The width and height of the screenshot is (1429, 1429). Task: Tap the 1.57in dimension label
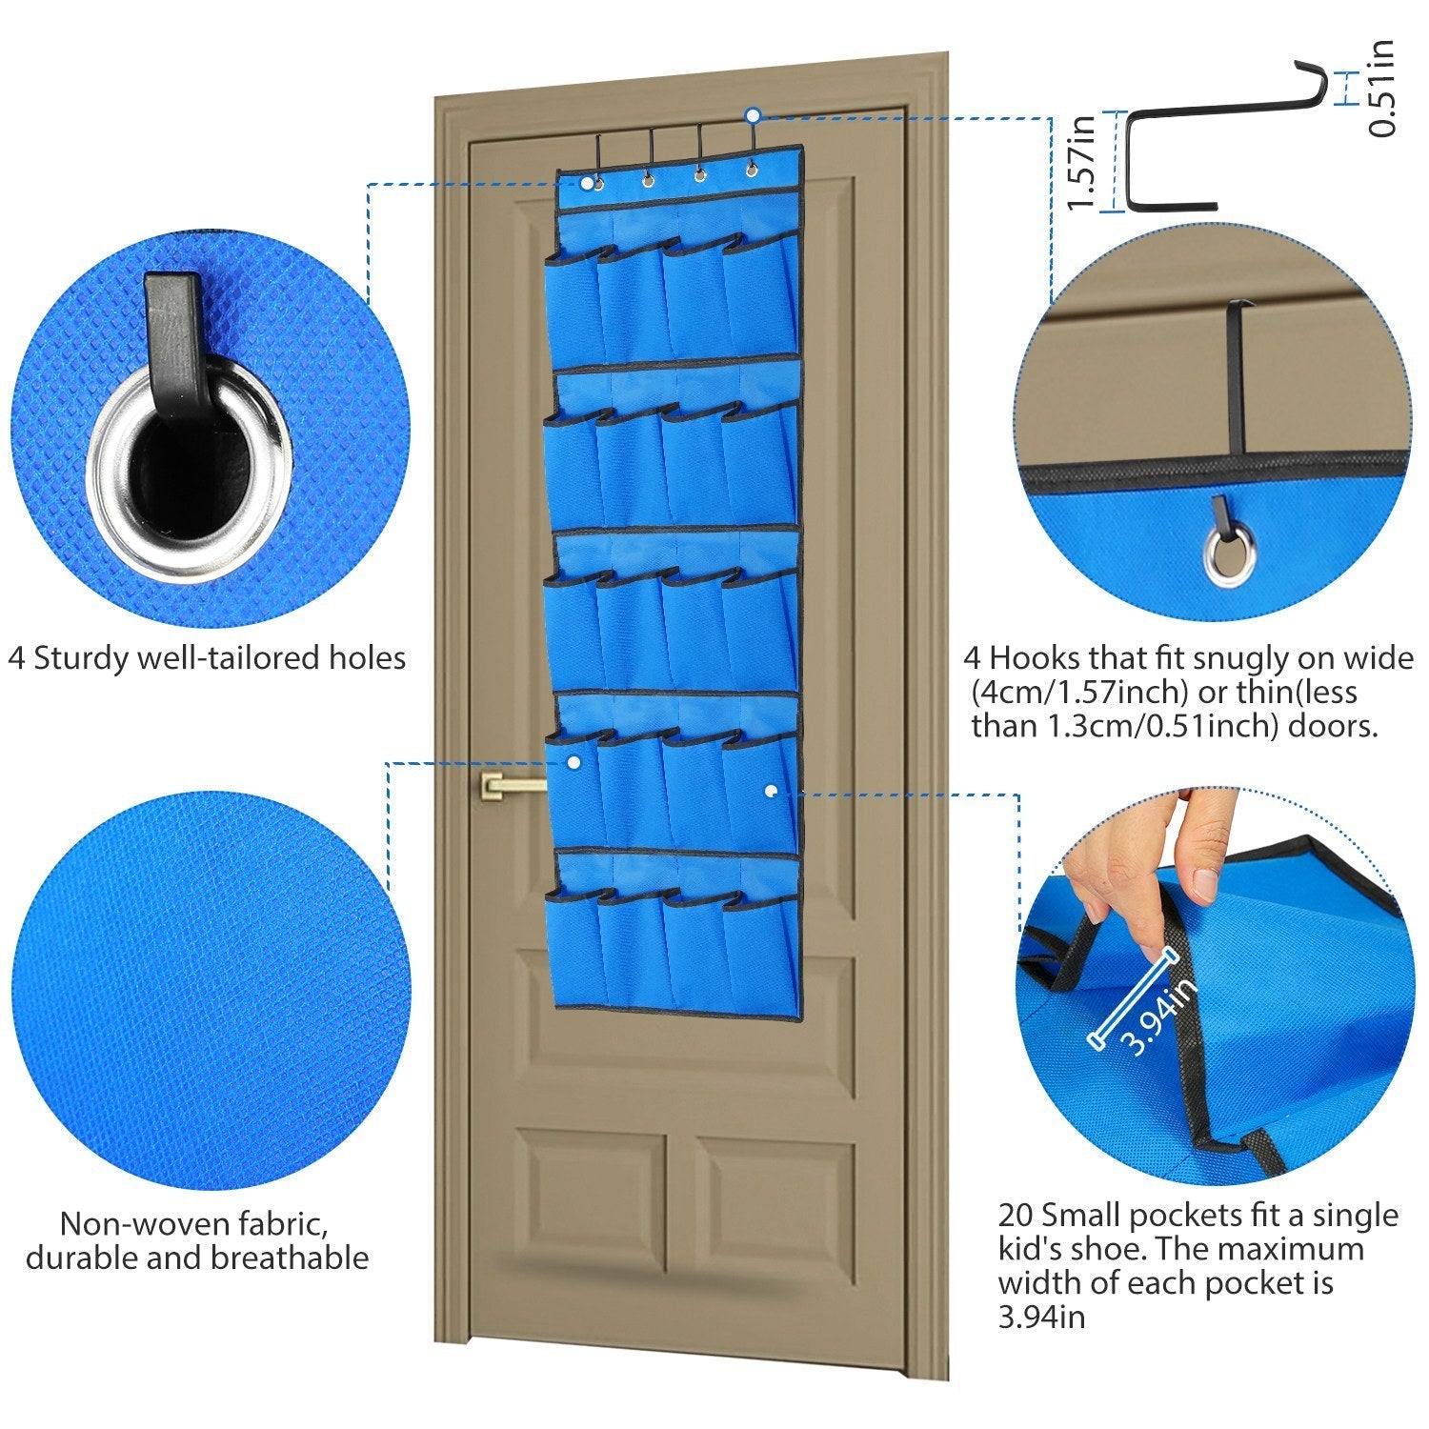click(1081, 162)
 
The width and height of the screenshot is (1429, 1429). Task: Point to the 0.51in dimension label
click(1380, 88)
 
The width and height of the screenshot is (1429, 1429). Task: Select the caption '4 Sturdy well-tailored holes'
click(207, 657)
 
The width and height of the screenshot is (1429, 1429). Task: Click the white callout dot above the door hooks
click(753, 115)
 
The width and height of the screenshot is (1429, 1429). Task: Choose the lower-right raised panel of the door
click(774, 1198)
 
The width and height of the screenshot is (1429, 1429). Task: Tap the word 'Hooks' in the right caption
click(1033, 657)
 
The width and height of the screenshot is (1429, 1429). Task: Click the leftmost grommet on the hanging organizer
click(597, 183)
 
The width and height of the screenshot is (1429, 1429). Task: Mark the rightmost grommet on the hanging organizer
click(752, 171)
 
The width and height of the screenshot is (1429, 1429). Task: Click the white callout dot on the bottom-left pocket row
click(574, 762)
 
